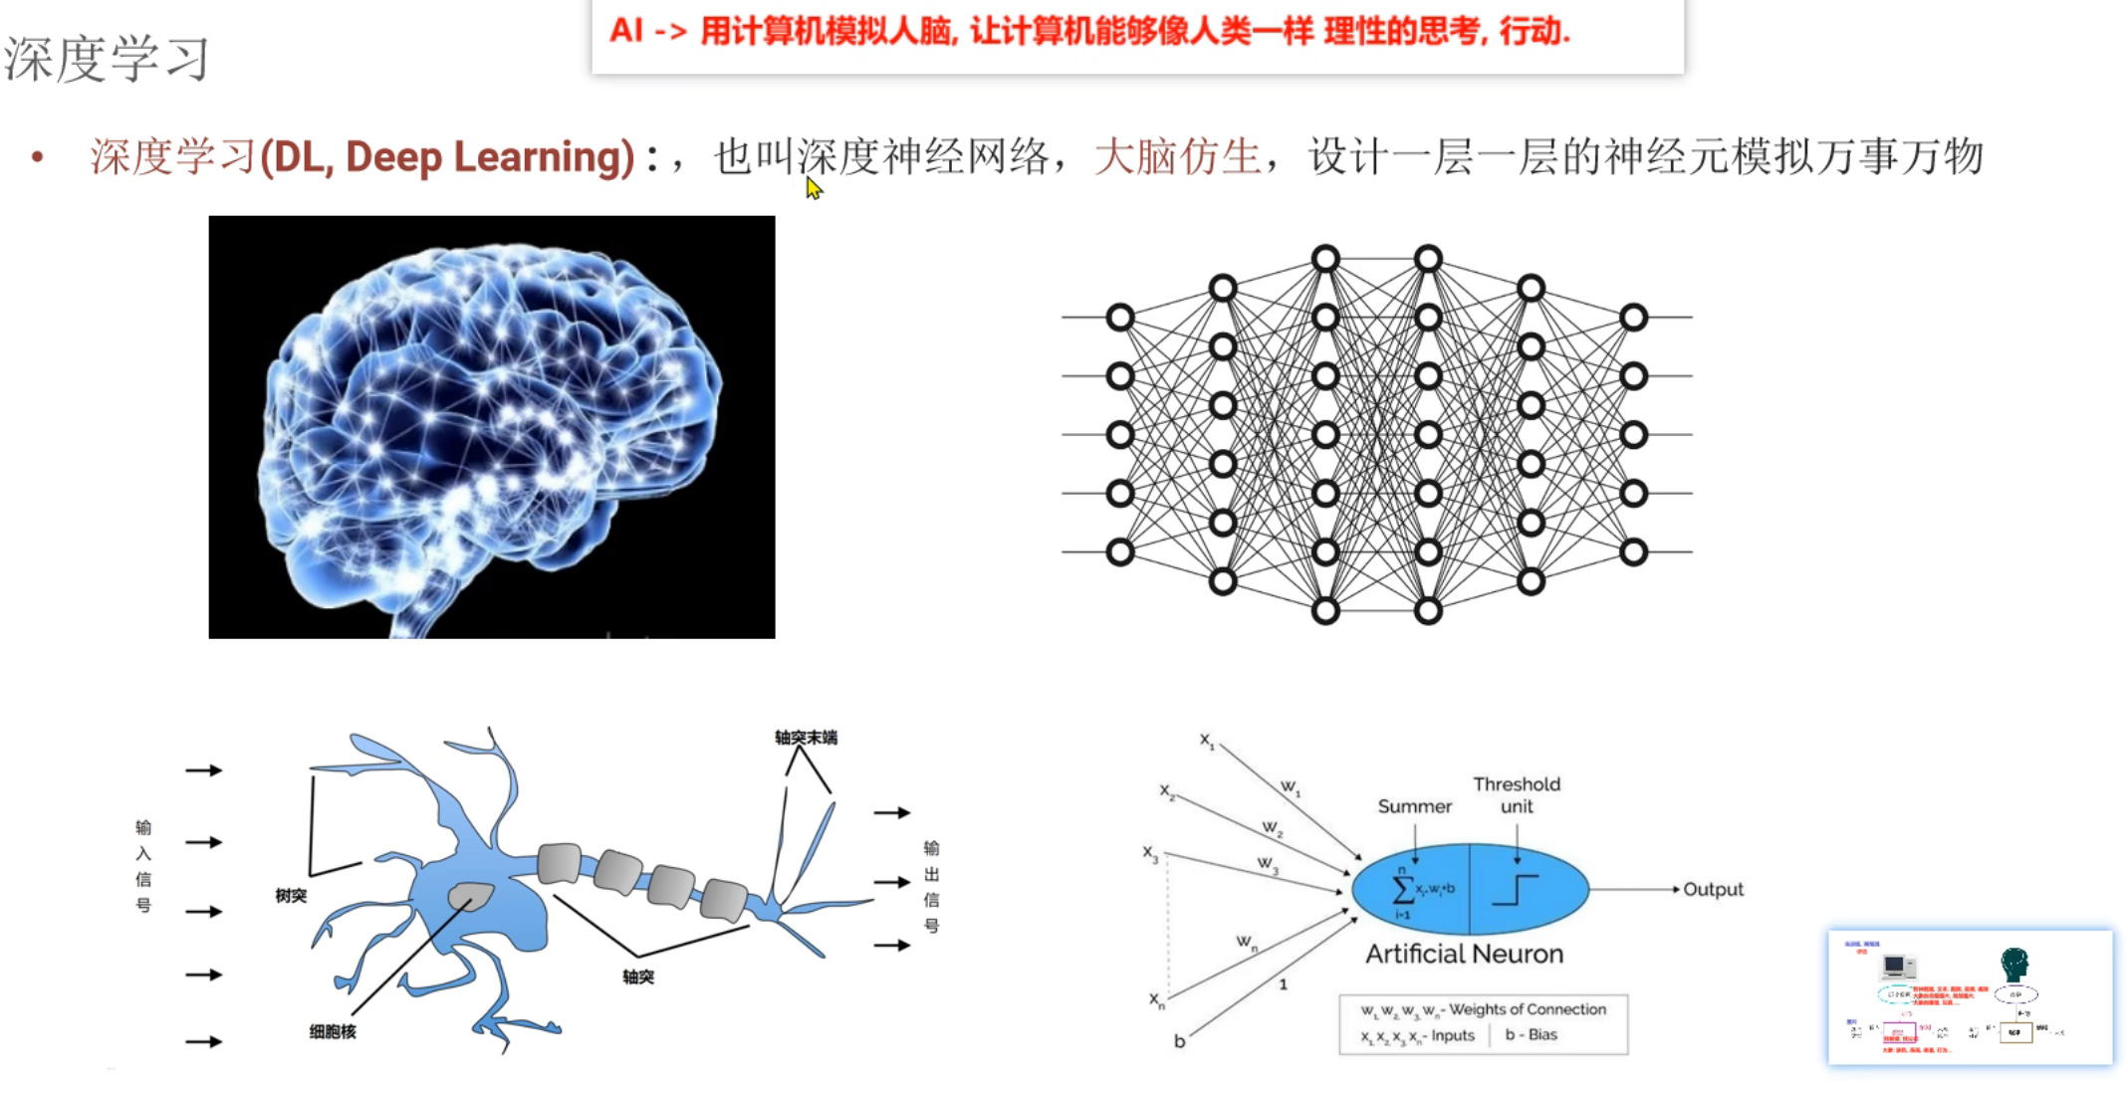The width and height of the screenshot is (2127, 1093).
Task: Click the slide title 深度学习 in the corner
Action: [107, 59]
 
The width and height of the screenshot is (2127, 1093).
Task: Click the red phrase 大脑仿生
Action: [1177, 157]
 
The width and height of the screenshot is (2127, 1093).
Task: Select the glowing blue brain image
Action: [491, 427]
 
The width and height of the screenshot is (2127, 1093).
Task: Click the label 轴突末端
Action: [806, 738]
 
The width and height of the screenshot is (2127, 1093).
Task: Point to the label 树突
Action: [291, 896]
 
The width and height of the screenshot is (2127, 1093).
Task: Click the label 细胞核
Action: [333, 1032]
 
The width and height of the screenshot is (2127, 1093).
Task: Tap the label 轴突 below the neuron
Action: [638, 978]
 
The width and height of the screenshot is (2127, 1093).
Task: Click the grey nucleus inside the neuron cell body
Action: [471, 896]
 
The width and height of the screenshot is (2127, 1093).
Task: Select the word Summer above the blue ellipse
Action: [1414, 806]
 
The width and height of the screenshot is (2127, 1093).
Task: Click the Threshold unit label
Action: [1517, 795]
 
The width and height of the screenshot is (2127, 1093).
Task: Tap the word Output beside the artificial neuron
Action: [1713, 890]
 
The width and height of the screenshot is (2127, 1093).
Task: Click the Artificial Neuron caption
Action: [1464, 954]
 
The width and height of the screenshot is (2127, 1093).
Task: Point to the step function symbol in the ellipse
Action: [1515, 889]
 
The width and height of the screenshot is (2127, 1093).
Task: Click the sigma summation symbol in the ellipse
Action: [1402, 888]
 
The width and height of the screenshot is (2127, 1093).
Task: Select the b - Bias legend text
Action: [1532, 1035]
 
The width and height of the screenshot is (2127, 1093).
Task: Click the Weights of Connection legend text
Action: [1527, 1009]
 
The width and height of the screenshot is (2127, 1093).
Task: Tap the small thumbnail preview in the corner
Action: [1970, 997]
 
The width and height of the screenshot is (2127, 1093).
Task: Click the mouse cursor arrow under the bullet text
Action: [814, 188]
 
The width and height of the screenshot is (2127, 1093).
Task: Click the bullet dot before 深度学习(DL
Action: [38, 157]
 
